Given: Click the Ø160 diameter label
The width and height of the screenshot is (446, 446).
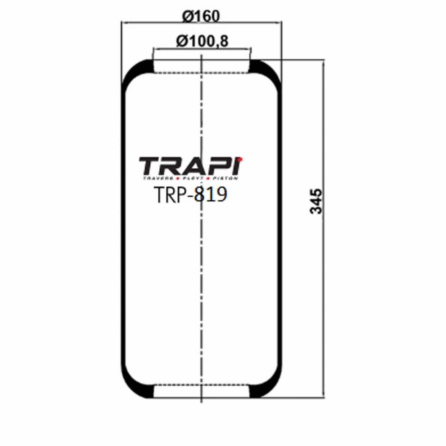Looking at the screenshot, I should click(x=201, y=16).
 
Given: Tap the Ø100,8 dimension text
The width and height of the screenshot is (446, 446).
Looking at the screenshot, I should click(x=202, y=41).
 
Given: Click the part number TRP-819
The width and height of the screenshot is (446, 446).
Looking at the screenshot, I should click(x=190, y=195).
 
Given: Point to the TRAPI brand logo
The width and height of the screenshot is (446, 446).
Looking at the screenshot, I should click(x=191, y=167).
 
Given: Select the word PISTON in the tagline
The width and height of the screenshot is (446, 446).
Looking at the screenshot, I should click(x=225, y=178).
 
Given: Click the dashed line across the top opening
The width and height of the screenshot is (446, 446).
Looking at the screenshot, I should click(x=180, y=73).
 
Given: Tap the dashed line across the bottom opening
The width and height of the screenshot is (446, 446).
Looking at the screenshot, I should click(x=180, y=385).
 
